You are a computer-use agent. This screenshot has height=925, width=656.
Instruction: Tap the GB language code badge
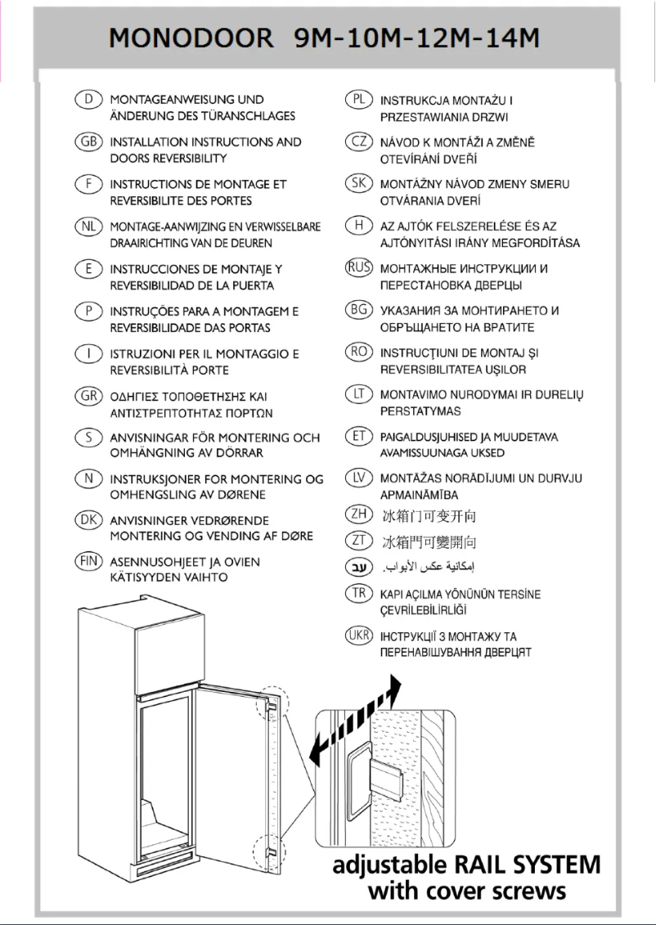87,141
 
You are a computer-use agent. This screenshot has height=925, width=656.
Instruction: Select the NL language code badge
87,227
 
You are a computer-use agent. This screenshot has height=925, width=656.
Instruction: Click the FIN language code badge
87,561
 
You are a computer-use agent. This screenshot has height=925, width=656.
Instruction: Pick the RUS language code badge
358,267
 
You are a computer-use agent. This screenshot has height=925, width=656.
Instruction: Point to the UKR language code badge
358,635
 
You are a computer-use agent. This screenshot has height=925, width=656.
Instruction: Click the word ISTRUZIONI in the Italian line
140,354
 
